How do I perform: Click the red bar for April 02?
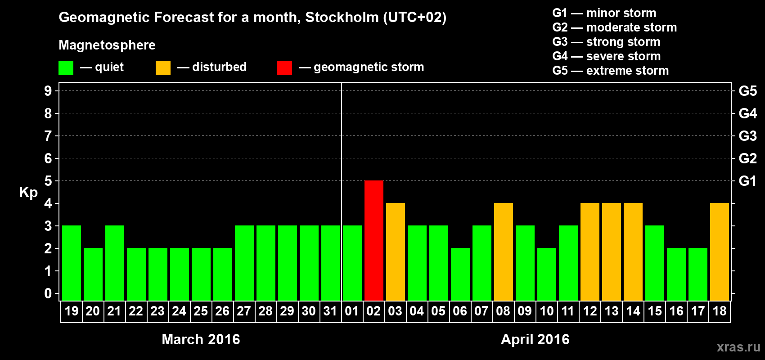(374, 240)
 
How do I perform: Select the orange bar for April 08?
(504, 252)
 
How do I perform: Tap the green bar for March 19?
(72, 263)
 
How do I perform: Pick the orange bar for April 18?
(720, 252)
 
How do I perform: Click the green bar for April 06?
(460, 274)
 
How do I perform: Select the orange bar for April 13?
(612, 252)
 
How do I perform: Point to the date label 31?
(330, 311)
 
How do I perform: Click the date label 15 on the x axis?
(655, 311)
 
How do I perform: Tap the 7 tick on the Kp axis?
(48, 136)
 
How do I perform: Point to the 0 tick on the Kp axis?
(48, 294)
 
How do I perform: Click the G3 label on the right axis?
(747, 136)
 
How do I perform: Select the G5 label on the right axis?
(747, 91)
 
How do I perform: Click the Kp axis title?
(28, 193)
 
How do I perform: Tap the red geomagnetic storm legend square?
(284, 68)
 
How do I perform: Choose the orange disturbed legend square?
(163, 68)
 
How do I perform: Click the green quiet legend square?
(66, 68)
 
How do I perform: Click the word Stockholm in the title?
(342, 18)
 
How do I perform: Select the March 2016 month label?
(201, 339)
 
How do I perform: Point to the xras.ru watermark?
(738, 347)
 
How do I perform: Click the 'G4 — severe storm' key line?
(606, 56)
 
